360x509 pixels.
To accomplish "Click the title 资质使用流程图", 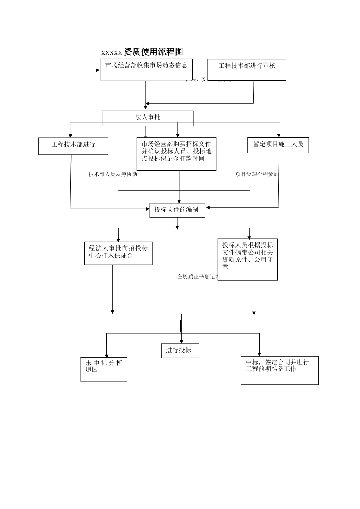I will pyautogui.click(x=153, y=52).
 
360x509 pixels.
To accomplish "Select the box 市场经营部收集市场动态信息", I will pyautogui.click(x=146, y=69).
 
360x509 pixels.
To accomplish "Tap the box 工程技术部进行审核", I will pyautogui.click(x=247, y=70).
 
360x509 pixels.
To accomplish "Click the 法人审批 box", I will pyautogui.click(x=147, y=118).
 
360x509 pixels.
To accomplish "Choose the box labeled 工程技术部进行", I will pyautogui.click(x=73, y=146).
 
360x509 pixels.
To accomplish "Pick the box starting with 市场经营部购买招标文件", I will pyautogui.click(x=177, y=154).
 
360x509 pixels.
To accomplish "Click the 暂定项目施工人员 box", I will pyautogui.click(x=278, y=145).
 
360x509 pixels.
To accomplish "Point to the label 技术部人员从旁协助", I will pyautogui.click(x=113, y=174).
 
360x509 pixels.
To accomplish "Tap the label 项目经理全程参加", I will pyautogui.click(x=257, y=174).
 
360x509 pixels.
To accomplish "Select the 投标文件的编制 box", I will pyautogui.click(x=177, y=210).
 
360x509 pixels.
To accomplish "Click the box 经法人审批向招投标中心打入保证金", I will pyautogui.click(x=118, y=253).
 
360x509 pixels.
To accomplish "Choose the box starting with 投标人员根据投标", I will pyautogui.click(x=247, y=259).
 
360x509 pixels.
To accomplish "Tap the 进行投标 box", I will pyautogui.click(x=180, y=351).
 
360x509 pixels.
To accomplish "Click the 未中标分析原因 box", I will pyautogui.click(x=104, y=369).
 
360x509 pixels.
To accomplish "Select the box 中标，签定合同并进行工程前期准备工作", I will pyautogui.click(x=280, y=370).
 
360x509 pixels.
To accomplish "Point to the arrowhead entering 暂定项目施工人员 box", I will pyautogui.click(x=279, y=135).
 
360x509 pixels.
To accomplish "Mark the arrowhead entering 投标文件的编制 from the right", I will pyautogui.click(x=208, y=208).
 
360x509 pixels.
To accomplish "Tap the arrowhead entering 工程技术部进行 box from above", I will pyautogui.click(x=70, y=136).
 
